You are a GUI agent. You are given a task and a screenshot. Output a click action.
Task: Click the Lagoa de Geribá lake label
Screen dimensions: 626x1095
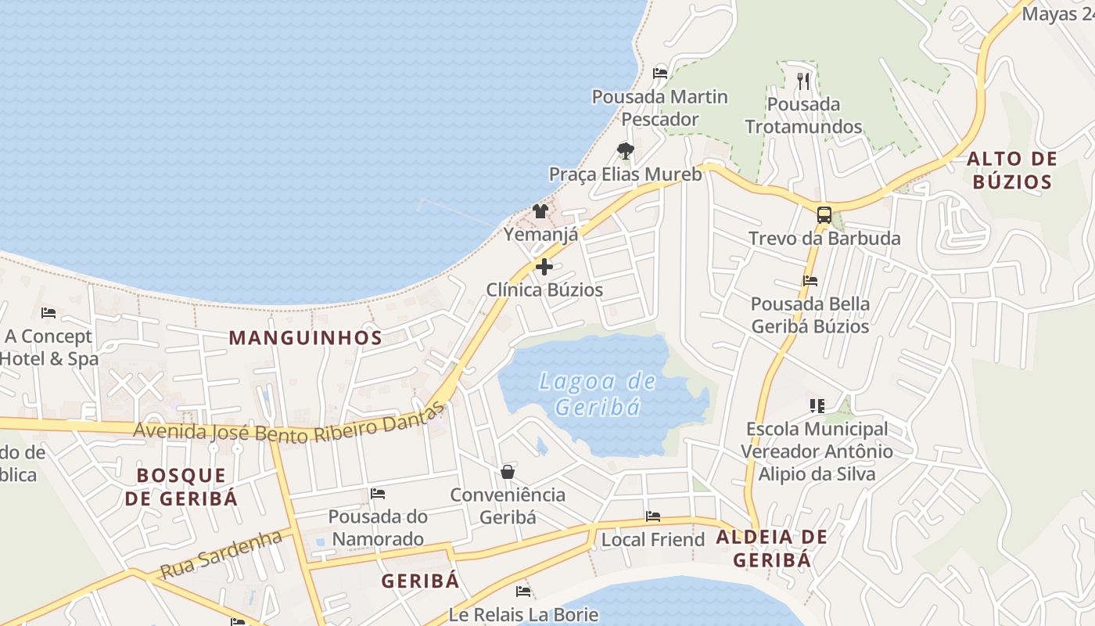tap(598, 394)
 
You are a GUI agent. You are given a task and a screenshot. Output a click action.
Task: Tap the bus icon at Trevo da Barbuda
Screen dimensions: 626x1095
tap(824, 215)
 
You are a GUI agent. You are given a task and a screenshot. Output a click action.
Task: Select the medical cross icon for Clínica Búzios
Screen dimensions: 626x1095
tap(544, 267)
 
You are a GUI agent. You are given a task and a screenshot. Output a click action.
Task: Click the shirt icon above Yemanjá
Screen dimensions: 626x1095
tap(540, 210)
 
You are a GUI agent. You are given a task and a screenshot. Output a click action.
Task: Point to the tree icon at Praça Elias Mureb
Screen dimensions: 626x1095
tap(625, 150)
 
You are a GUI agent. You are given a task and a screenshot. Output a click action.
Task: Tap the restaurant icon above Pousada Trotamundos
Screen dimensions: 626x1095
tap(803, 81)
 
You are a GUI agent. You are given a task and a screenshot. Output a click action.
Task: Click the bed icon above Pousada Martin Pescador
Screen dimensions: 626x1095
tap(660, 74)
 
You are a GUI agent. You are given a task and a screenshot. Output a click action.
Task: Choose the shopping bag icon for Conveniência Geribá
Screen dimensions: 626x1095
tap(508, 472)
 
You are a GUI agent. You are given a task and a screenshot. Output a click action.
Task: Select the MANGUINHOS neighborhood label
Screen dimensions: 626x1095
tap(305, 338)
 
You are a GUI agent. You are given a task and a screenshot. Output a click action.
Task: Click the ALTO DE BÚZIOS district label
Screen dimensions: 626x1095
tap(1012, 171)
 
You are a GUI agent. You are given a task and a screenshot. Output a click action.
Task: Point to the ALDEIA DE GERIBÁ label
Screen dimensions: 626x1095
tap(771, 549)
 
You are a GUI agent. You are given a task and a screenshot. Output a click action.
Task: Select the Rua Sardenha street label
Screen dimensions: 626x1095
tap(221, 554)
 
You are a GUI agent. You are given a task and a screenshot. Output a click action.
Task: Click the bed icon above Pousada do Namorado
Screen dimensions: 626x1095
tap(378, 494)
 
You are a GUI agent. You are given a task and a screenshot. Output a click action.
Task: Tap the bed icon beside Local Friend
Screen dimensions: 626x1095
tap(653, 516)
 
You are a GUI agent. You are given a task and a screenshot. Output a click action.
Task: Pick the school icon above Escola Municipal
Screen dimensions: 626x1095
tap(817, 405)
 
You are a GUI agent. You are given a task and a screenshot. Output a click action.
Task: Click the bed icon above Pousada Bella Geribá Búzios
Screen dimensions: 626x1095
tap(810, 281)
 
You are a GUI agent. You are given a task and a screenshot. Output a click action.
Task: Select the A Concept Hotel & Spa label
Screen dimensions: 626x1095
tap(48, 347)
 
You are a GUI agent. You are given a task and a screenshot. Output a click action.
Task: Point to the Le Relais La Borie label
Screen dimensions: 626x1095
tap(523, 614)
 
